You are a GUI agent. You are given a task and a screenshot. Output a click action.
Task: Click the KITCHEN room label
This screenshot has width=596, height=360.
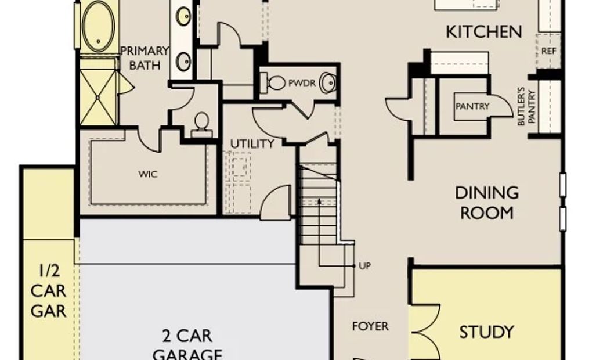coord(484,32)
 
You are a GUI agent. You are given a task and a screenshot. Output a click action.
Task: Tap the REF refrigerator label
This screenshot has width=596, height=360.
coord(548,51)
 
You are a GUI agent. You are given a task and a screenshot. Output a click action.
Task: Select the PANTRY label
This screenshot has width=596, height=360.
coord(472,106)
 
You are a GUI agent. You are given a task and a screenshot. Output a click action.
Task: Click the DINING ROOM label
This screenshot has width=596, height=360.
coord(487,203)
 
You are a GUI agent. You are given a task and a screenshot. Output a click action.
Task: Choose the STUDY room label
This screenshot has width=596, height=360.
coord(486,332)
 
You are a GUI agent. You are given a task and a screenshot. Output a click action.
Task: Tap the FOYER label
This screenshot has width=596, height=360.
coord(370,326)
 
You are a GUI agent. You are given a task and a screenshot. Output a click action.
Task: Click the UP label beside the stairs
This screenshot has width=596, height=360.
coord(364,266)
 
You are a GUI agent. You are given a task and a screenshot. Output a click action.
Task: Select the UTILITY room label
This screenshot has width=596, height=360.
coord(252,143)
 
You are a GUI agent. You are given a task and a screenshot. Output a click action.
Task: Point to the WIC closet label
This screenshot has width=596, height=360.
coord(148,174)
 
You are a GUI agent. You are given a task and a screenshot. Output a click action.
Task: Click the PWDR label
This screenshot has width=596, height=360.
coord(302,83)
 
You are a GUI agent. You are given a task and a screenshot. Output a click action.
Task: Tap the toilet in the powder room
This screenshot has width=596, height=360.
coord(274,82)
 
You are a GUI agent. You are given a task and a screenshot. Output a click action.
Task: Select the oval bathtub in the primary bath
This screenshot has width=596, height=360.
coord(98,26)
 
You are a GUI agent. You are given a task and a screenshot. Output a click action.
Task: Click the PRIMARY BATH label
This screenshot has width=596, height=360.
coord(145,58)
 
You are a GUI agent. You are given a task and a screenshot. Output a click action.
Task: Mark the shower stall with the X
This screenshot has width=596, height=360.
coord(98,98)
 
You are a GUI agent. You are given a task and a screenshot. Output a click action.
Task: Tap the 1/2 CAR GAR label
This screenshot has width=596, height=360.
coord(49,291)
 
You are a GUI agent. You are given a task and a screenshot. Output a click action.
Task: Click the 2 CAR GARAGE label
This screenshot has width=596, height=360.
coord(187,344)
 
